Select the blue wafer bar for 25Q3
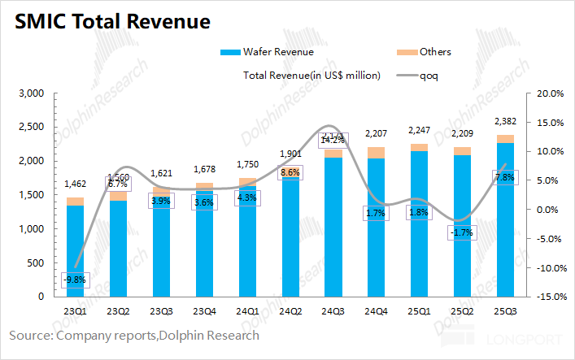(x=506, y=219)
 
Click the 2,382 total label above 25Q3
(x=506, y=123)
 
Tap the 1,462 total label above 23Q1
(x=76, y=186)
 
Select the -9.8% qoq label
(x=76, y=280)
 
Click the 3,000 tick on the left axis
(x=30, y=93)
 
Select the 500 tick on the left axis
(x=34, y=262)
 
